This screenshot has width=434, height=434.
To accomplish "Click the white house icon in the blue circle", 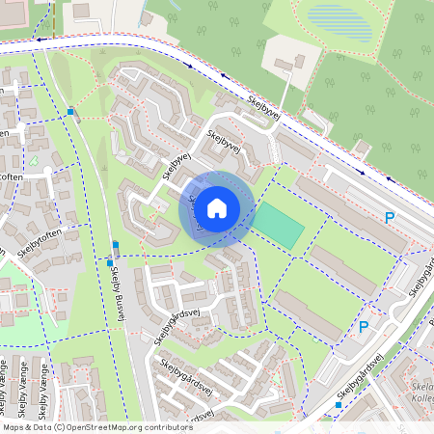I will pyautogui.click(x=217, y=207).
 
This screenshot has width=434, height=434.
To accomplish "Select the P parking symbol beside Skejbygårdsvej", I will pyautogui.click(x=364, y=327).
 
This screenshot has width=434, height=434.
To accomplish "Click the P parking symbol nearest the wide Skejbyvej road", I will pyautogui.click(x=390, y=218).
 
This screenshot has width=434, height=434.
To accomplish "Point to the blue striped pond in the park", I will pyautogui.click(x=339, y=21).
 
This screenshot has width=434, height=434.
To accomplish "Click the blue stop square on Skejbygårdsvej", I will pyautogui.click(x=338, y=405).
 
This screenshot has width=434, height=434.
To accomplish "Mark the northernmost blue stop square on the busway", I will pyautogui.click(x=70, y=112).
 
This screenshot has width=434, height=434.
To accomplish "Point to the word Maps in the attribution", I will pyautogui.click(x=14, y=426).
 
